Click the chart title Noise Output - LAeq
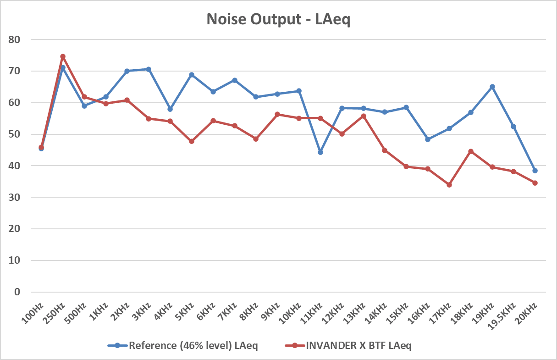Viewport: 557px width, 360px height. click(x=278, y=19)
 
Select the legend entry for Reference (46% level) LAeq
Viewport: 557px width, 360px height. click(x=193, y=346)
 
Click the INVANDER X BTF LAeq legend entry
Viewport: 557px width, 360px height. click(x=358, y=346)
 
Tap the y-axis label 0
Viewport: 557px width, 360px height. click(x=18, y=292)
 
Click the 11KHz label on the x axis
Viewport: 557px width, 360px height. click(x=314, y=314)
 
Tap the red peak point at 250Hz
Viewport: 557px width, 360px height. click(x=63, y=56)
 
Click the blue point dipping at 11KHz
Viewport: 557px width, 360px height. click(x=320, y=152)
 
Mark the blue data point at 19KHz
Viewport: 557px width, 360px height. click(x=492, y=87)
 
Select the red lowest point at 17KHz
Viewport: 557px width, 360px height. click(x=449, y=185)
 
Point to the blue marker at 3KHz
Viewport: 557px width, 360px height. click(x=149, y=69)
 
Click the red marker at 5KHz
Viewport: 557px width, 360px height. click(x=192, y=141)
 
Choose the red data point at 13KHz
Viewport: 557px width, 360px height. click(x=364, y=116)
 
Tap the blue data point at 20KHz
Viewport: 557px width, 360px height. click(x=535, y=171)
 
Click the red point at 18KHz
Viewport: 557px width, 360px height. click(x=471, y=151)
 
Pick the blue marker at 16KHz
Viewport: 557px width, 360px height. click(x=428, y=139)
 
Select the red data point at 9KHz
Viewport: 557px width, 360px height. click(x=277, y=114)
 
